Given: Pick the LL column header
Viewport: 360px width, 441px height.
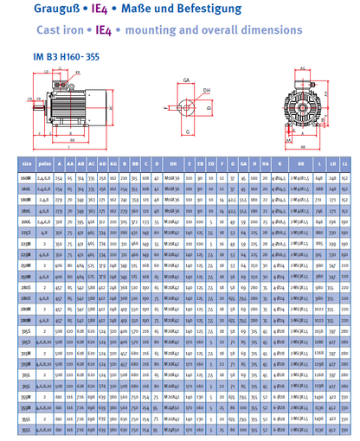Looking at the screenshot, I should tap(344, 162).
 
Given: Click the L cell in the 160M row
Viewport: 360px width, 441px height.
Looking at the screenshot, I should tap(319, 176).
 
